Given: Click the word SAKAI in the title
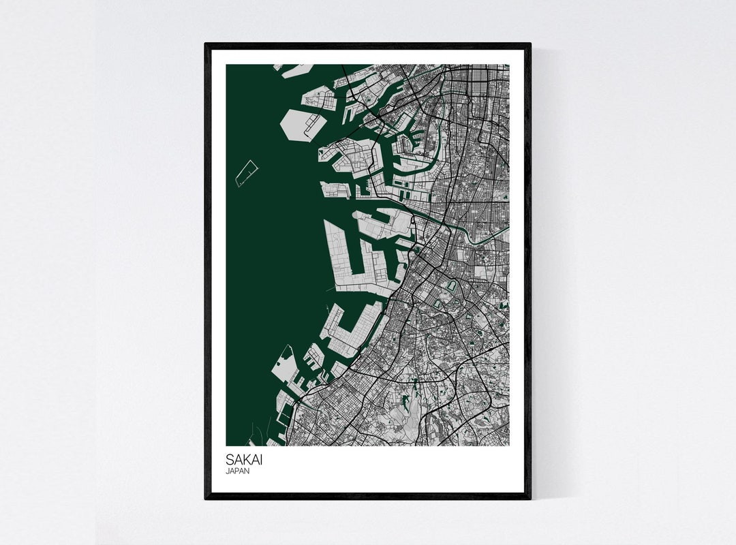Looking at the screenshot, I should pos(243,460).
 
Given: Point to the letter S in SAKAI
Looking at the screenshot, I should pos(230,460).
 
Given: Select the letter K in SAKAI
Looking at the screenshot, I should pos(245,460).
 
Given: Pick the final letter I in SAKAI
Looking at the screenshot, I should pos(260,460).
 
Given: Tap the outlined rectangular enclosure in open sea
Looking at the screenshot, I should pos(246,173).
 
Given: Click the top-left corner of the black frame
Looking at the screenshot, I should pos(206,44).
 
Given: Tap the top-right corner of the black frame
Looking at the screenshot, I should pos(530,44).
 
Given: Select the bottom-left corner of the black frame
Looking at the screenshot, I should pos(206,498).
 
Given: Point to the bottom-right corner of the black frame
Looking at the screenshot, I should pos(530,498).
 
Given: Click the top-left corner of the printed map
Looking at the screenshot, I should pos(226,65).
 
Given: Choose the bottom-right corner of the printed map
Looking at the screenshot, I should pos(509,446).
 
